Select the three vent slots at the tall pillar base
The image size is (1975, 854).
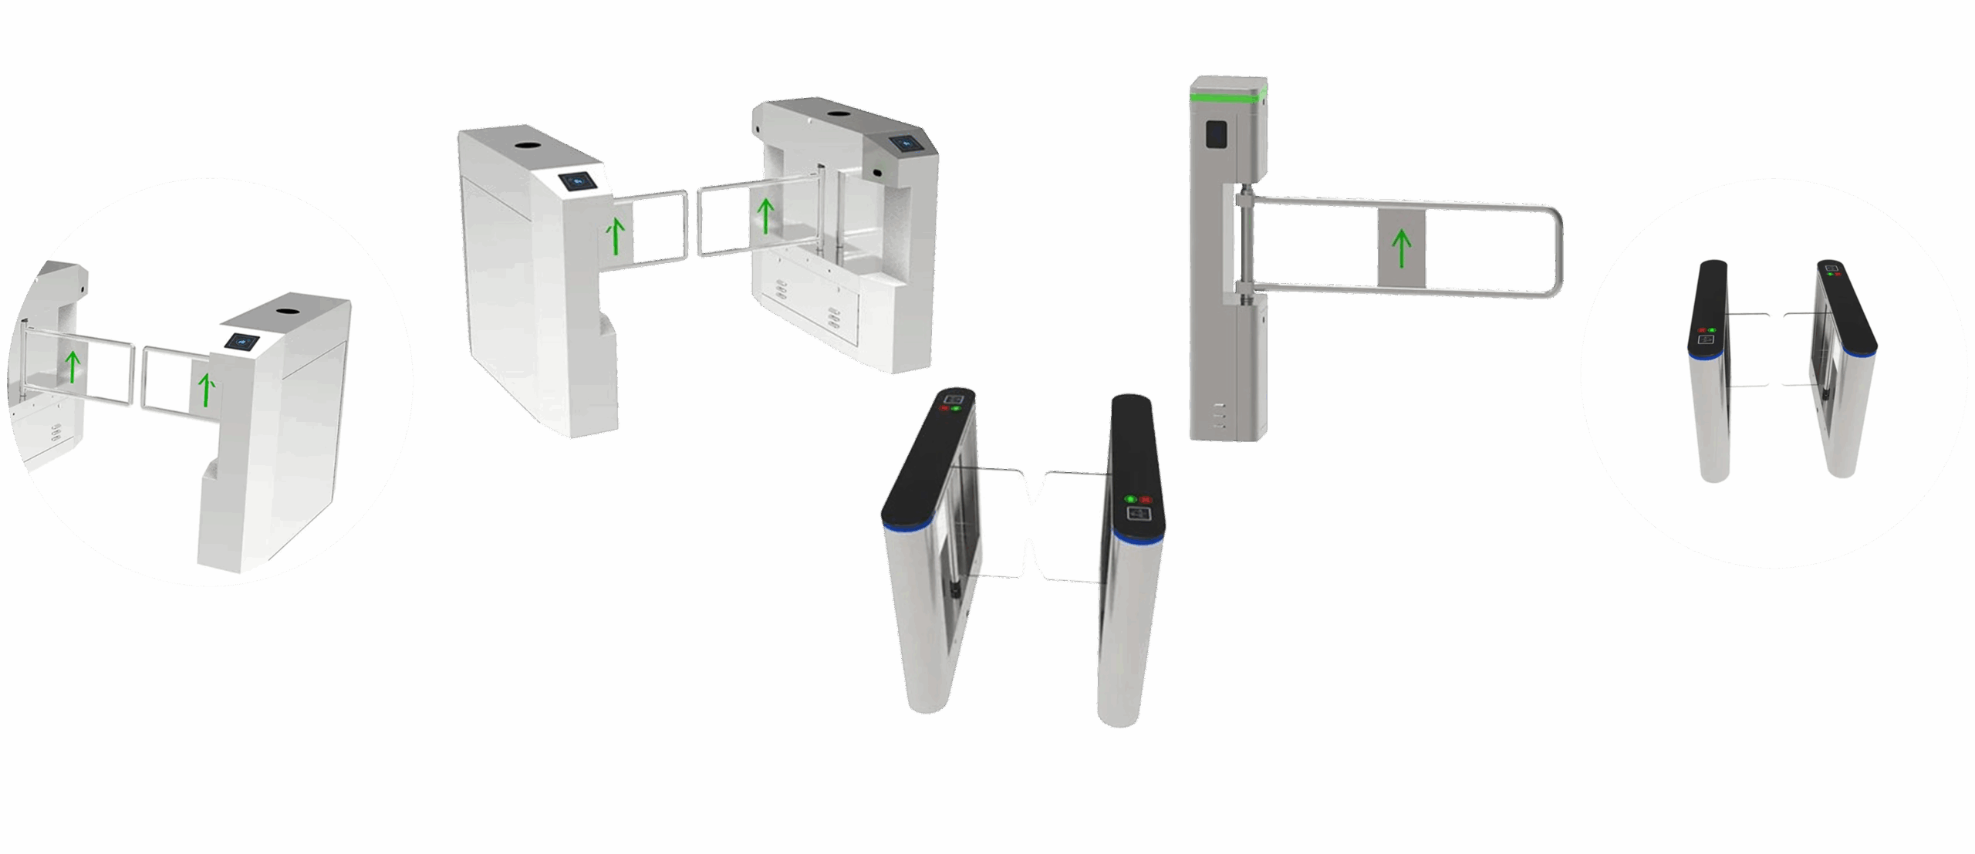coord(1219,415)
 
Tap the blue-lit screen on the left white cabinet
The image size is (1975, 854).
coord(577,181)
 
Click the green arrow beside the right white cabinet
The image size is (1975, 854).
coord(765,216)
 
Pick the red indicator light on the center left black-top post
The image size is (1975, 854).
coord(944,410)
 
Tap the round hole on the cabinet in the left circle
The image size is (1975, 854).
coord(289,312)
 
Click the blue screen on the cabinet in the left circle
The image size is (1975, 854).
coord(243,341)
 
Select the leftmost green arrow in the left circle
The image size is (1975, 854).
coord(73,366)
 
